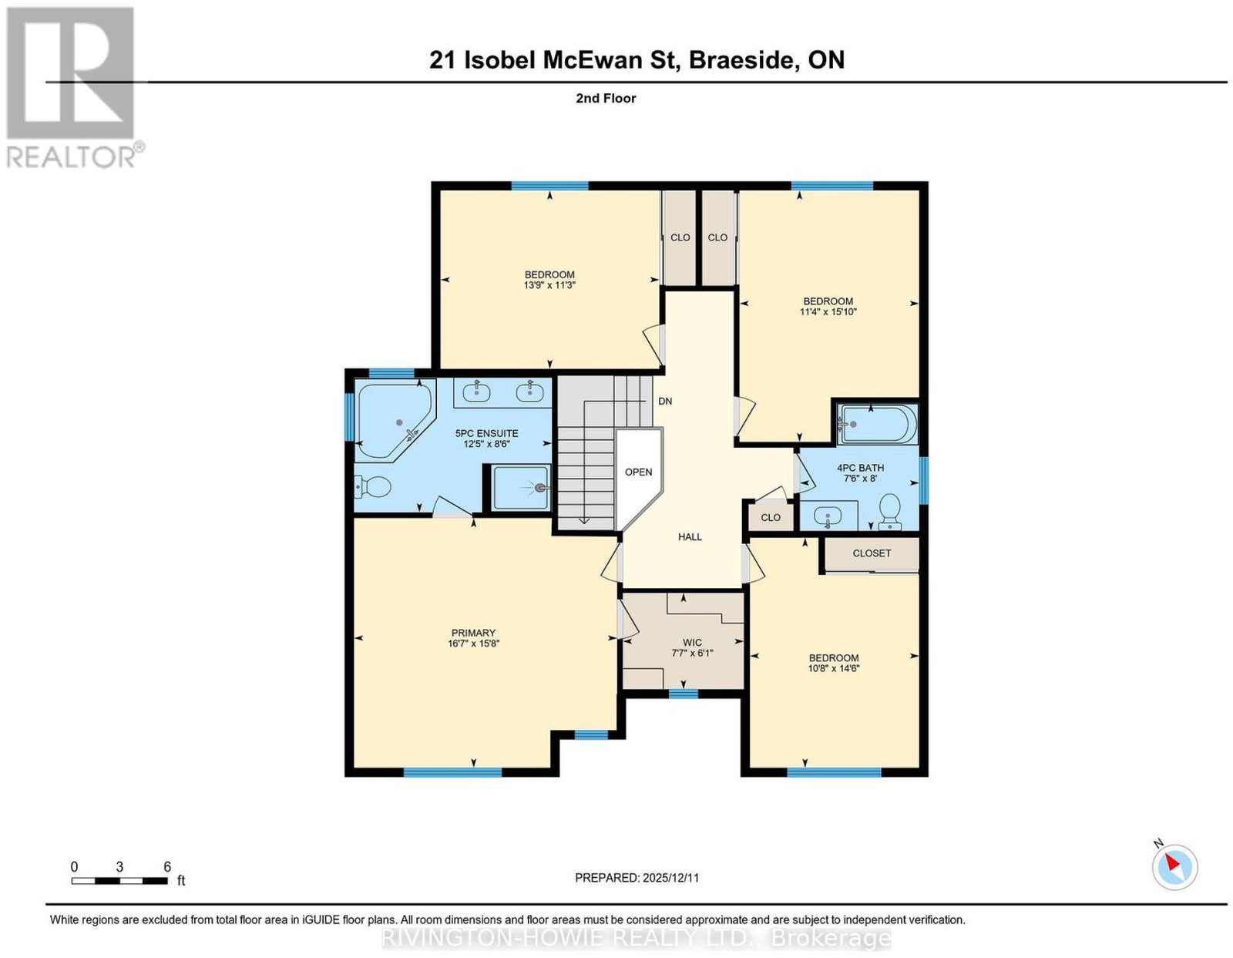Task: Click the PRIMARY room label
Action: pyautogui.click(x=472, y=633)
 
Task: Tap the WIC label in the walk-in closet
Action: pyautogui.click(x=692, y=642)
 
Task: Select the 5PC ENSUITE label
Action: pyautogui.click(x=486, y=433)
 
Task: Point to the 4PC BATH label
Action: pyautogui.click(x=860, y=468)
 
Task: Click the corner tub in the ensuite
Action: pyautogui.click(x=395, y=419)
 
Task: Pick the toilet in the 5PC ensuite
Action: pyautogui.click(x=373, y=486)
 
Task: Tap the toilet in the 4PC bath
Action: pyautogui.click(x=889, y=511)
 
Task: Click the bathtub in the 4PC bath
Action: pyautogui.click(x=877, y=424)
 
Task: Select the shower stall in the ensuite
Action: pyautogui.click(x=520, y=487)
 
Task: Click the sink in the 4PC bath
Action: pyautogui.click(x=828, y=516)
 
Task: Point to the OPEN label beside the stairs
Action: pyautogui.click(x=638, y=472)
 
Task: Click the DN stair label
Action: pyautogui.click(x=665, y=401)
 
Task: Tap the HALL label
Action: pyautogui.click(x=690, y=536)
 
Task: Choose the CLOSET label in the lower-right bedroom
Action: pyautogui.click(x=872, y=553)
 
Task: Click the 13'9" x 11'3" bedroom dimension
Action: pyautogui.click(x=549, y=285)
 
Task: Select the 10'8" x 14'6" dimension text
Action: pyautogui.click(x=834, y=668)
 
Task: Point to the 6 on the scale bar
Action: pyautogui.click(x=166, y=867)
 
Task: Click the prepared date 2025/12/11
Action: pyautogui.click(x=670, y=878)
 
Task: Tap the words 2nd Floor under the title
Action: pyautogui.click(x=606, y=98)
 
